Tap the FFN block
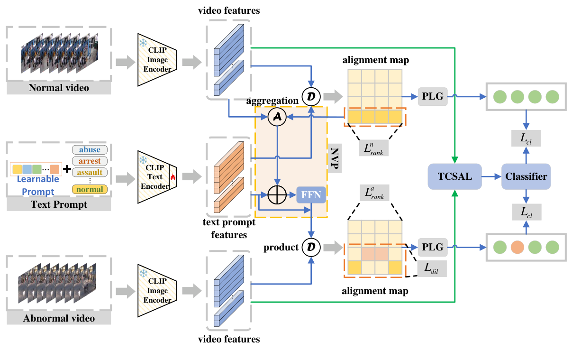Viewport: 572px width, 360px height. coord(311,194)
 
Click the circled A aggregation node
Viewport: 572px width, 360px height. coord(277,117)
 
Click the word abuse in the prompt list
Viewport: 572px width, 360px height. coord(90,149)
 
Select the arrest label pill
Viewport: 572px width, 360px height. coord(90,161)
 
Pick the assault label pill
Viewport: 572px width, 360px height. coord(90,173)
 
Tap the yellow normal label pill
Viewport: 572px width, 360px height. coord(90,190)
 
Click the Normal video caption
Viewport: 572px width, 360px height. coord(59,88)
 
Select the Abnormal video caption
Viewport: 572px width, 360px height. coord(59,318)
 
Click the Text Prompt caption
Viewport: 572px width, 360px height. coord(59,204)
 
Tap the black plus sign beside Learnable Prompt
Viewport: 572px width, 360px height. coord(66,169)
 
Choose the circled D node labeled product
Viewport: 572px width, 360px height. coord(311,247)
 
